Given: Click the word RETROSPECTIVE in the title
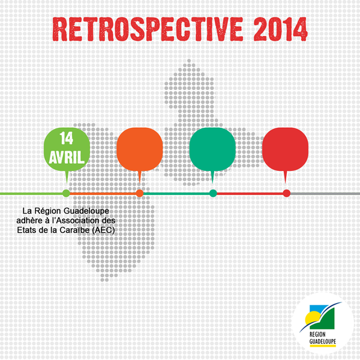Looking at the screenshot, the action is coord(148,29).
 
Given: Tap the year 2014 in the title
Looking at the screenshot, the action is coord(280,29).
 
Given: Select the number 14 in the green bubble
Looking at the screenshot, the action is coord(67,138).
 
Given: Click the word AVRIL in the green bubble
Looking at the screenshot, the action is coord(67,157).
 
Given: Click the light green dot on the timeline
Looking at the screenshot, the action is coord(67,193).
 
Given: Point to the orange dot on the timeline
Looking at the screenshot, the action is coord(140,193).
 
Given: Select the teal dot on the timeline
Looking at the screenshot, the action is coord(213,193).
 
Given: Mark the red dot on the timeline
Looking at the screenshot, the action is coord(287,193).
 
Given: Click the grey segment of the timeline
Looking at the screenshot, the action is coord(325,194).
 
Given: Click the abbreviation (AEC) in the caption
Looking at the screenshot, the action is coord(103,230).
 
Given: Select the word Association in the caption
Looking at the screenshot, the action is coord(79,221).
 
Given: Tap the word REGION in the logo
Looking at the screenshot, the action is coord(317,334).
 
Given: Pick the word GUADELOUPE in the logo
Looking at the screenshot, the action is coord(323,341).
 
